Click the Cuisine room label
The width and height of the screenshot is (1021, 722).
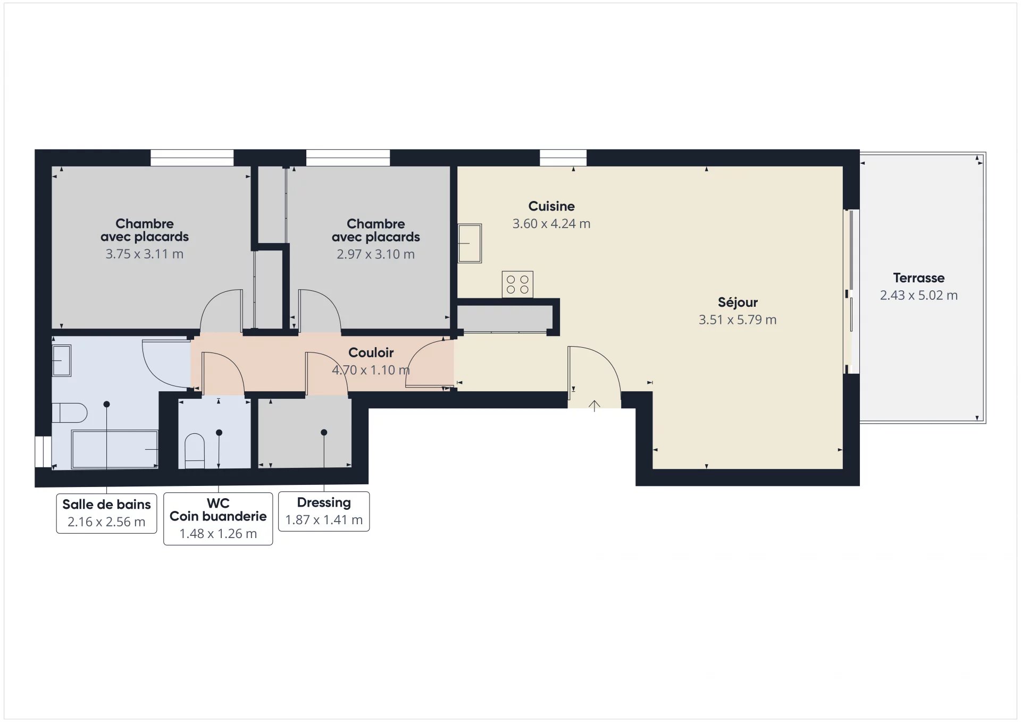pos(551,206)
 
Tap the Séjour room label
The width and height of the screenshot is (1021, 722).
pos(738,303)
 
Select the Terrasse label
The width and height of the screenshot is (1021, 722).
pos(919,278)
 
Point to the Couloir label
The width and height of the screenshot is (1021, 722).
pos(371,352)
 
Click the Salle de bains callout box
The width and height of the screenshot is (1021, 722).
pos(107,513)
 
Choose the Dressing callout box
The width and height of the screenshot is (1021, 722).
pos(324,511)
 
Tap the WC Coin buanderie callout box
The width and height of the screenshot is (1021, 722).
pos(218,518)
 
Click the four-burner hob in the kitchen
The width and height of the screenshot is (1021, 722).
pos(517,284)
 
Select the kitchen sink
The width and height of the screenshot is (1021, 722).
pos(470,244)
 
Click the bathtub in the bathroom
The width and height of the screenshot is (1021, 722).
pos(115,449)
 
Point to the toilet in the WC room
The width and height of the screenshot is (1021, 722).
pos(195,451)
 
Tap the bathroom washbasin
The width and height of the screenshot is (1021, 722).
pos(62,360)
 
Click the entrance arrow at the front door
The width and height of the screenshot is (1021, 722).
pos(595,406)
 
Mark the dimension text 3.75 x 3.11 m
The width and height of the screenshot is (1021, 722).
pos(145,254)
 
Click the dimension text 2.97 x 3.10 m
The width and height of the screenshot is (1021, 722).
pos(376,254)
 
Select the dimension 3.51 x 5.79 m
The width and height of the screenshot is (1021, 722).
pos(738,320)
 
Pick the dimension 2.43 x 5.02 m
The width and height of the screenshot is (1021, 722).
pos(919,295)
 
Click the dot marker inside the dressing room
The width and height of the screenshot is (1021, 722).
pos(324,432)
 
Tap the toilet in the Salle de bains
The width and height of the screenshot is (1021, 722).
pos(70,413)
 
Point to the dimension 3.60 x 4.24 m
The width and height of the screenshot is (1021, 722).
pos(551,224)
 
